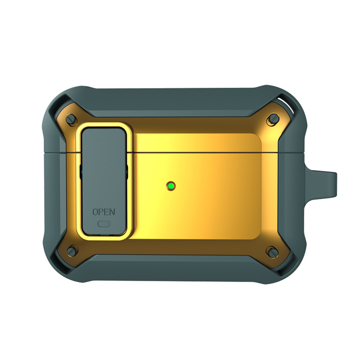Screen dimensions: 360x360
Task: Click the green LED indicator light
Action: (171, 186)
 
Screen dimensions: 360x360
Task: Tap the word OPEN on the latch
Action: (103, 211)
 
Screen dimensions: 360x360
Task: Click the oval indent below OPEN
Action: (104, 224)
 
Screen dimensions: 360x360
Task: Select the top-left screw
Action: (71, 119)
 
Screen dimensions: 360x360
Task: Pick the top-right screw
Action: (273, 119)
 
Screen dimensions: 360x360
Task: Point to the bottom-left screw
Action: (72, 252)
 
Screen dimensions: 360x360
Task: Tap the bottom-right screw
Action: (273, 252)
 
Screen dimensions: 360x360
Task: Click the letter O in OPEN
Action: (95, 211)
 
